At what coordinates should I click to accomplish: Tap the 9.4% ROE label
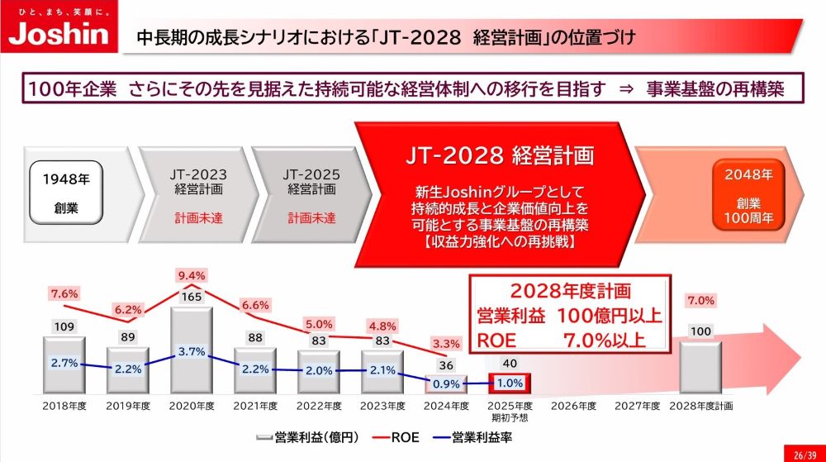click(x=192, y=275)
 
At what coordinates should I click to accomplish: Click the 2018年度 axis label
click(x=64, y=407)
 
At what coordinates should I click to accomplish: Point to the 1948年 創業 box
click(x=68, y=193)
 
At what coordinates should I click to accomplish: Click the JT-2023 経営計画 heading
click(x=197, y=181)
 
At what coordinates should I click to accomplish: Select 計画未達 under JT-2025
click(x=311, y=218)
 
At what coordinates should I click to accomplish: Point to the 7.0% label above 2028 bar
click(x=700, y=300)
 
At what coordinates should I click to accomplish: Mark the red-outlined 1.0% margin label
click(x=510, y=384)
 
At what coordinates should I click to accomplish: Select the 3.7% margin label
click(x=192, y=352)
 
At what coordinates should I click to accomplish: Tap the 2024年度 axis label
click(x=446, y=407)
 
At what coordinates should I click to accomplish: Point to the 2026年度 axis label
click(x=573, y=407)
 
